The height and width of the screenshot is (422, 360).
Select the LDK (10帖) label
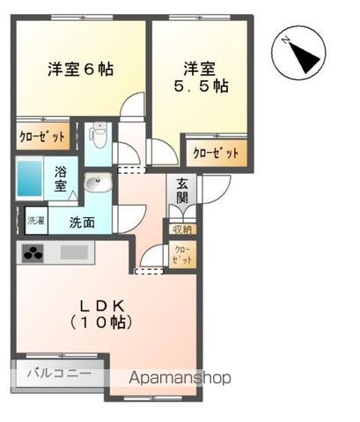pos(103,313)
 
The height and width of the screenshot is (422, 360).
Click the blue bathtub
pos(32,178)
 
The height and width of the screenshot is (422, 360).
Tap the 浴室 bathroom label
pos(62,178)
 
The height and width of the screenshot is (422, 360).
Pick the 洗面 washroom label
pos(83,222)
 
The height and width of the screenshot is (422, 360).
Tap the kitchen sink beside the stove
pos(74,253)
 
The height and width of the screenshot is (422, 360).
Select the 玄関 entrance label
pos(182,191)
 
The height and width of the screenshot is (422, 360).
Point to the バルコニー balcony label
pos(58,372)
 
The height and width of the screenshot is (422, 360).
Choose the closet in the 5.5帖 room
pos(216,152)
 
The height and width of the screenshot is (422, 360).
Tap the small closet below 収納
pos(181,257)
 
